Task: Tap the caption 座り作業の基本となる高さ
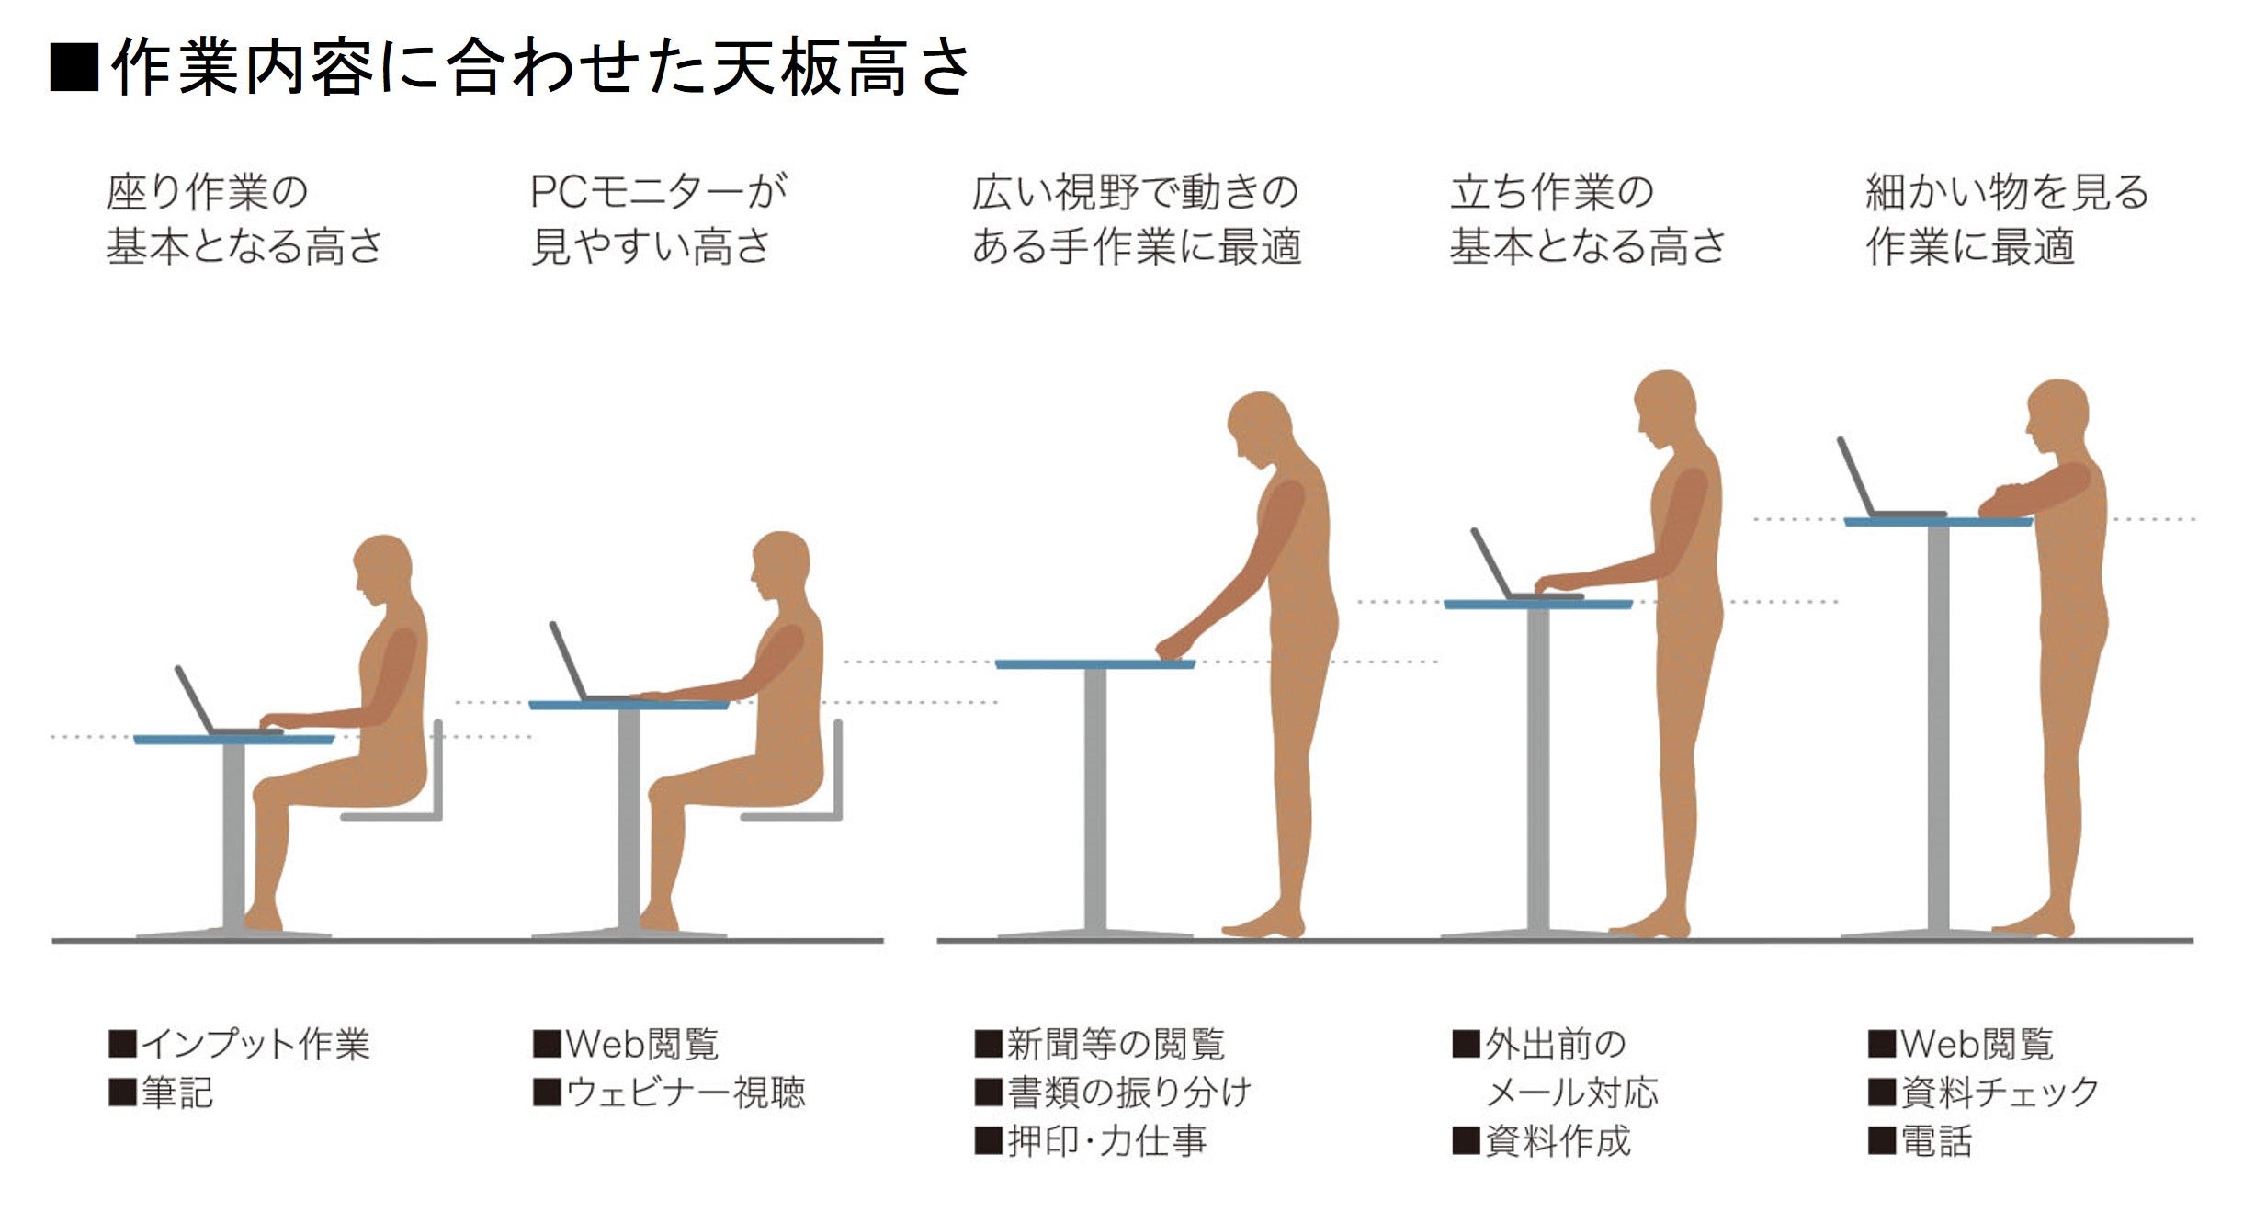[x=244, y=219]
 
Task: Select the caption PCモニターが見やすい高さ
[x=658, y=219]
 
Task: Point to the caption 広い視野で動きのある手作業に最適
[x=1136, y=219]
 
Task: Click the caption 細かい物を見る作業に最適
[x=2007, y=219]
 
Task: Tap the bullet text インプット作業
[x=255, y=1045]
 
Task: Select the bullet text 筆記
[x=176, y=1093]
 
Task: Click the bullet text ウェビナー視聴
[x=686, y=1093]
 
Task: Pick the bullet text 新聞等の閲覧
[x=1116, y=1045]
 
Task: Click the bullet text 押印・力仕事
[x=1106, y=1141]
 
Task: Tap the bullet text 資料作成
[x=1558, y=1141]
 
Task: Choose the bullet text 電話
[x=1936, y=1141]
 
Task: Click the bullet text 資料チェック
[x=2000, y=1093]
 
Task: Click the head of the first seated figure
[x=384, y=568]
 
